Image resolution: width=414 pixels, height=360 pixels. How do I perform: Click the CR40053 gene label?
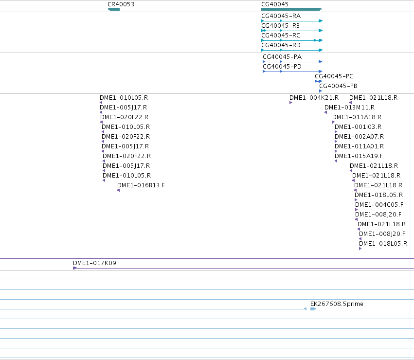click(121, 4)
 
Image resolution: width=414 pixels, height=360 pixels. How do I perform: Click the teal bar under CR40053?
click(113, 9)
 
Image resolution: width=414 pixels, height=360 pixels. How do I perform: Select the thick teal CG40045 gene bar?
click(292, 9)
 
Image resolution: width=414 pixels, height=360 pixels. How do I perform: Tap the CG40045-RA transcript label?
click(281, 16)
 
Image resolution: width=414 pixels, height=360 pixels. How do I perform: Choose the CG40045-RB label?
click(280, 26)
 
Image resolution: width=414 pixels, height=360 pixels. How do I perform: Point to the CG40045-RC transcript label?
click(281, 36)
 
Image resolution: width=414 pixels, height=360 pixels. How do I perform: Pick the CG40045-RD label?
click(281, 45)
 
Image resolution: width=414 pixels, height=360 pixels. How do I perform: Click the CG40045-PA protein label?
click(282, 57)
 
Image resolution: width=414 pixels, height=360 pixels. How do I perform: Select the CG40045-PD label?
click(282, 67)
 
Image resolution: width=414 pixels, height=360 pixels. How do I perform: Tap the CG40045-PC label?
click(334, 76)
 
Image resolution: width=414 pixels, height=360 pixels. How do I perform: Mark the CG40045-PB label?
click(338, 86)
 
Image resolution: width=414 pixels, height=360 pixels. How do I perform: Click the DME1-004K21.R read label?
click(314, 98)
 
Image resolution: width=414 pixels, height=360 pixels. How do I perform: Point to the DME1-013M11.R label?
click(350, 108)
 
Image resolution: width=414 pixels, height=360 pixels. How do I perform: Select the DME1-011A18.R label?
click(357, 117)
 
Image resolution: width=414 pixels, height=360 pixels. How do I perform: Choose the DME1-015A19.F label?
click(359, 156)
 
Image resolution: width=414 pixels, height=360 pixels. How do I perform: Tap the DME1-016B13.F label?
click(141, 185)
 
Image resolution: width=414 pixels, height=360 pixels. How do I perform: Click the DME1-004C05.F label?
click(379, 205)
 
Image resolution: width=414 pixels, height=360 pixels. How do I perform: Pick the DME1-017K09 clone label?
click(94, 263)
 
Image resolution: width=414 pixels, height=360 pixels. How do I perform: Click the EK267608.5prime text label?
click(337, 304)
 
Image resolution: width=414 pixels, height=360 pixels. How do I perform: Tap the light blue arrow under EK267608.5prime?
click(313, 309)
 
